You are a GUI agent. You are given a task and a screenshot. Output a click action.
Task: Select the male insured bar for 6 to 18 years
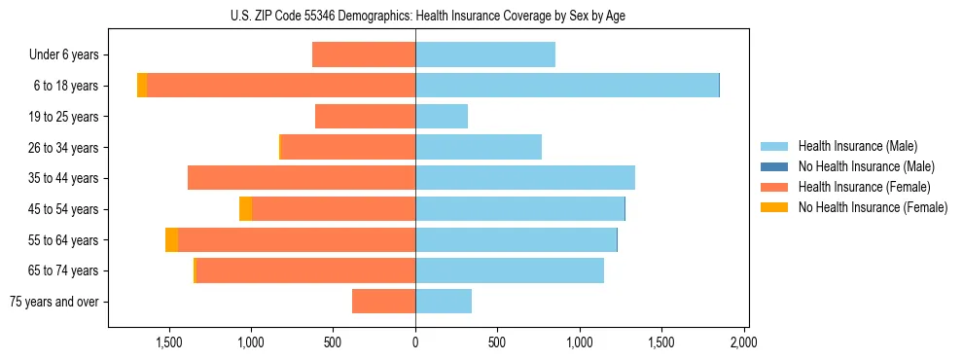pos(567,86)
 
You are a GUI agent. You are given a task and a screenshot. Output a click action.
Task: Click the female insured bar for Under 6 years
pos(364,54)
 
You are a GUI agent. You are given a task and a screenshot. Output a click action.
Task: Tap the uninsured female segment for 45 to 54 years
pos(245,209)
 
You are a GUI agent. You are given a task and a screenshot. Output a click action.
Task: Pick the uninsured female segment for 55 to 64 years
pos(171,240)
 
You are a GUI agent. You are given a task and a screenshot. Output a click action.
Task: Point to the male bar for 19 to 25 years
pos(442,117)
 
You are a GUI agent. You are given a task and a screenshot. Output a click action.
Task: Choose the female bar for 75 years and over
pos(383,302)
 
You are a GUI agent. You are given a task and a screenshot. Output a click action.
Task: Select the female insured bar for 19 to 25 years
pos(365,117)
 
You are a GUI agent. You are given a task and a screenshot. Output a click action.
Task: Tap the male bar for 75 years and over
pos(444,302)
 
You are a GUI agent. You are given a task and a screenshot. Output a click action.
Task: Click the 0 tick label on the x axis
pos(415,342)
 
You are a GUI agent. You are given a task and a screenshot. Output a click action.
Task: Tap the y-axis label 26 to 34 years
pos(63,148)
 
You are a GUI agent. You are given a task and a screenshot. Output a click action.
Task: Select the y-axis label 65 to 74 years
pos(63,270)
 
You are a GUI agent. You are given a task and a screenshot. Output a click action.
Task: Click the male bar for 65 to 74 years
pos(510,270)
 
